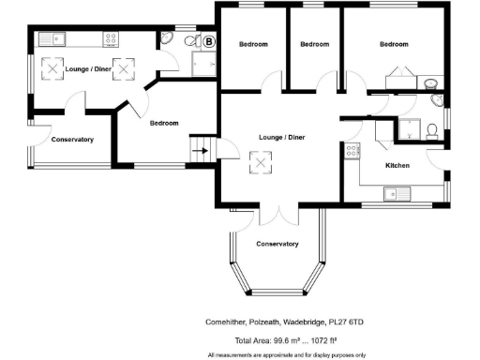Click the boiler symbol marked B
click(208, 41)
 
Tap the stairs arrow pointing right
click(199, 146)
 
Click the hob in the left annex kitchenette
click(111, 39)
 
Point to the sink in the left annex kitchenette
click(58, 39)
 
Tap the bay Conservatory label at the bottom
click(277, 244)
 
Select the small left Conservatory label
click(72, 140)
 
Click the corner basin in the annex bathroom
click(168, 38)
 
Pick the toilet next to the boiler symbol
click(191, 41)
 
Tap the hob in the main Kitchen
click(380, 132)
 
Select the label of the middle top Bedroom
click(314, 44)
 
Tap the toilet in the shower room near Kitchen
click(429, 127)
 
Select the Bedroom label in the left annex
click(163, 123)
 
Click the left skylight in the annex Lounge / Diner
click(54, 68)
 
